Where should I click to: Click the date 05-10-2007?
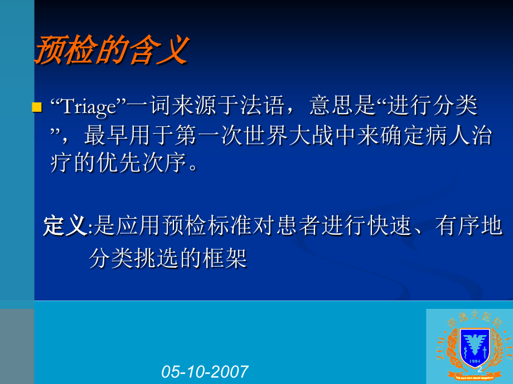(x=205, y=371)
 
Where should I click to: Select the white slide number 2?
(x=479, y=368)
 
